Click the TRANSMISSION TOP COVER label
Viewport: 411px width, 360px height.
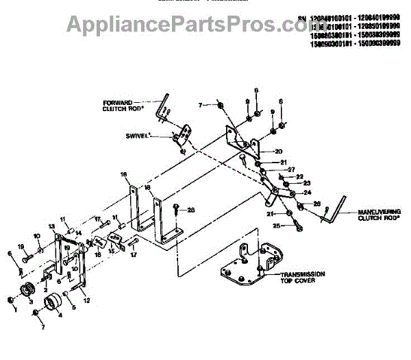tap(301, 278)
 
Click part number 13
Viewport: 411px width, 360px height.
tap(51, 226)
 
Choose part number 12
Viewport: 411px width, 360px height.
tap(86, 300)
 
